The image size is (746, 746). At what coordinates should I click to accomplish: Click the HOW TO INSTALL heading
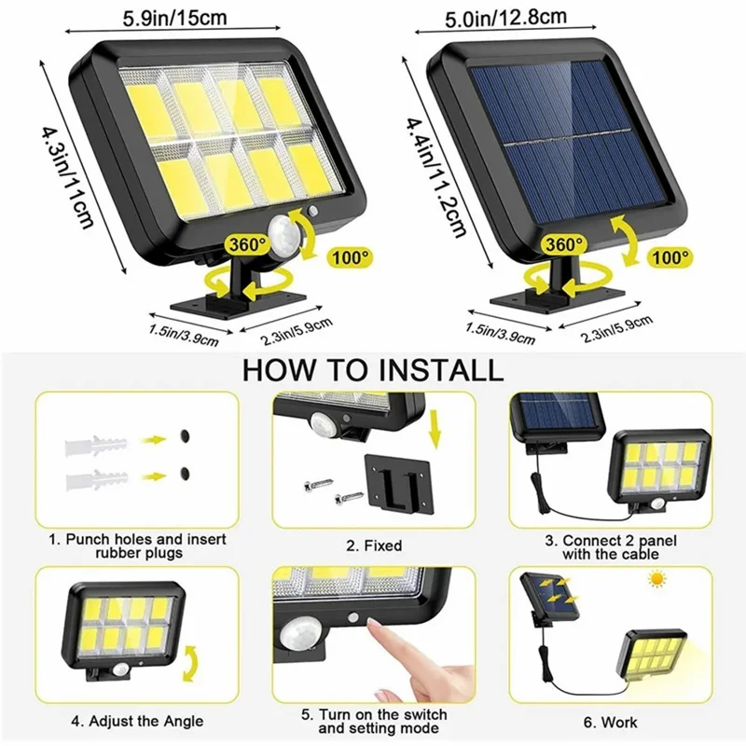coord(372,369)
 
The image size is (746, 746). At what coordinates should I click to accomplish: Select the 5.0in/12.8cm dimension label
coord(535,16)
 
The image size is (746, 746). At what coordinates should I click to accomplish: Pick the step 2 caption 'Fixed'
coord(373,546)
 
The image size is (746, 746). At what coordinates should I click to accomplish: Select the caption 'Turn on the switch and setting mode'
coord(373,721)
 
